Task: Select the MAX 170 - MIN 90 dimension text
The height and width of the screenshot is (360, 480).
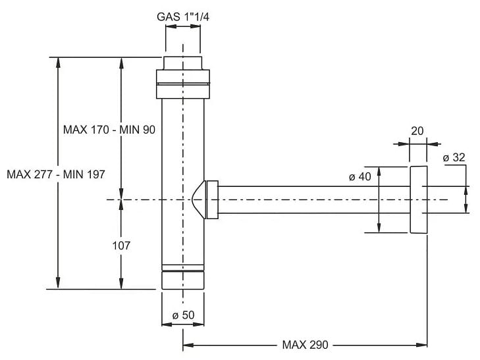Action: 109,130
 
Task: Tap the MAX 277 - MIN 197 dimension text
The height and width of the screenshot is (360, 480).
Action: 55,174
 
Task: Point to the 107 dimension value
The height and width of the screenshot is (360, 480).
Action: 121,245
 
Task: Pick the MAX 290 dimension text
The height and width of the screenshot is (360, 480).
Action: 305,344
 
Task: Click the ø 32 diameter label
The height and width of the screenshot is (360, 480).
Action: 454,157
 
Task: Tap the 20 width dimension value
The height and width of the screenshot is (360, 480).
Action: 417,131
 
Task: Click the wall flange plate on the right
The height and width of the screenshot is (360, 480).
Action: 417,199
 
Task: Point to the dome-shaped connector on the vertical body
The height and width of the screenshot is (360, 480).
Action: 197,199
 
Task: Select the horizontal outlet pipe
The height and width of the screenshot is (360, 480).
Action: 309,199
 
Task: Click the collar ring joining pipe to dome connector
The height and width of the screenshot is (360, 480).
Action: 212,199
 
